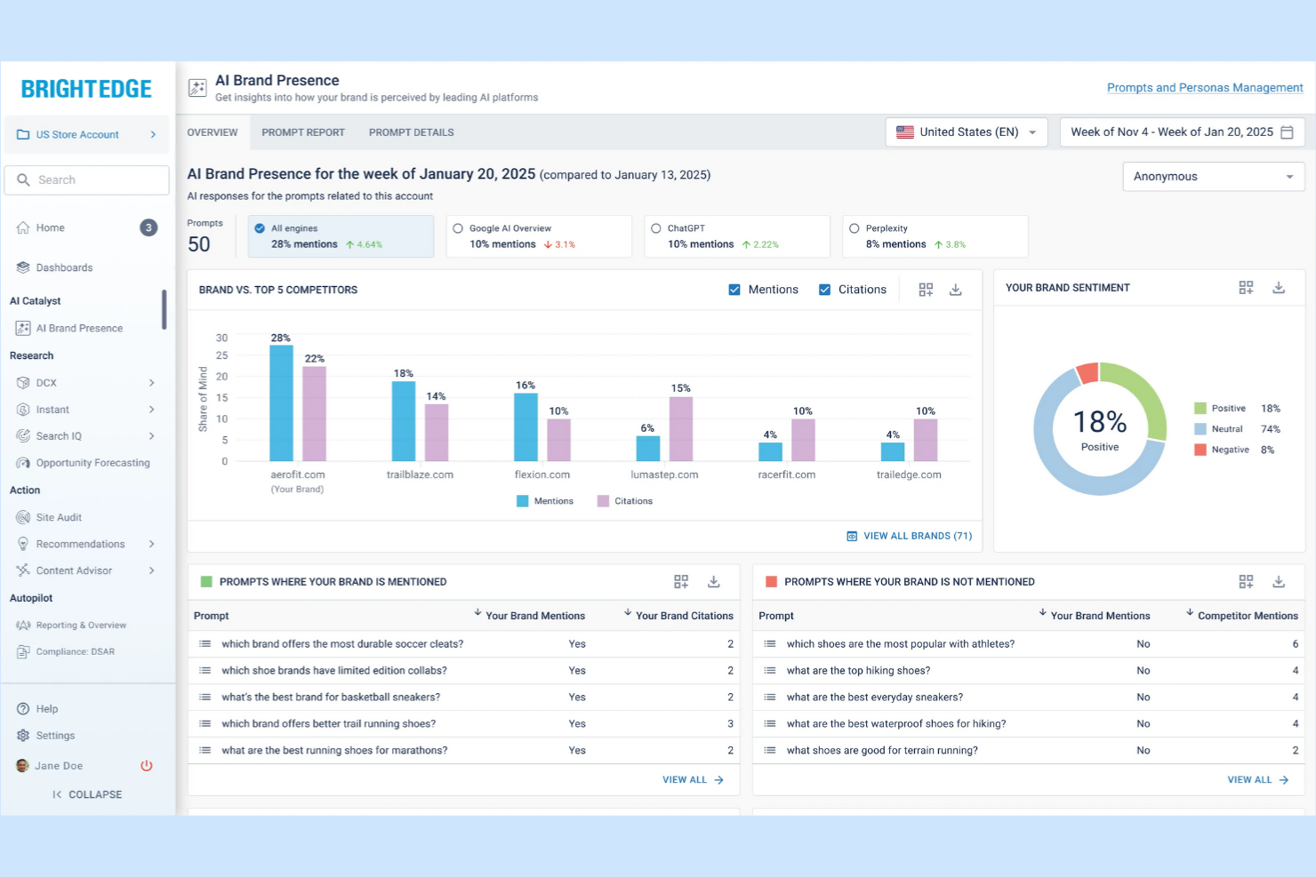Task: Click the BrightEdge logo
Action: coord(86,89)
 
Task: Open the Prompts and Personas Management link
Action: coord(1204,87)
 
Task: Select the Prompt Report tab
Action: coord(302,132)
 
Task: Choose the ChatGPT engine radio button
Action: coord(656,228)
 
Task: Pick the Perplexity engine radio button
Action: coord(855,228)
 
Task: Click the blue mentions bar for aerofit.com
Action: coord(281,403)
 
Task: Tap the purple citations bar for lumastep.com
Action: coord(681,429)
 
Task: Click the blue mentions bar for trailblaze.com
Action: coord(404,421)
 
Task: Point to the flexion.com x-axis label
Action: coord(542,474)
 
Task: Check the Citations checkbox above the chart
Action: coord(824,290)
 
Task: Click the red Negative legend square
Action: coord(1200,450)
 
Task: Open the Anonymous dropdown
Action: coord(1213,177)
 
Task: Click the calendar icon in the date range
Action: coord(1287,132)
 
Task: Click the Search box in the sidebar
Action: coord(87,179)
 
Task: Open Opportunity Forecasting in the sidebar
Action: coord(92,463)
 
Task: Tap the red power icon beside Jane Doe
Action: coord(147,766)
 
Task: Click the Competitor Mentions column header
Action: coord(1247,616)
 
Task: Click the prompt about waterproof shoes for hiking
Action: coord(895,724)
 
